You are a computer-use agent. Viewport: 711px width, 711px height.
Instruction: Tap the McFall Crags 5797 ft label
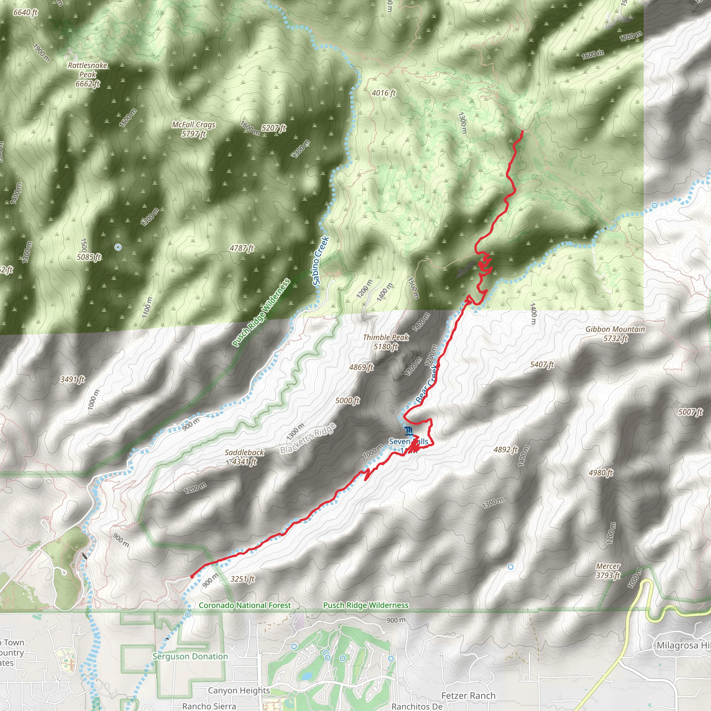click(x=194, y=129)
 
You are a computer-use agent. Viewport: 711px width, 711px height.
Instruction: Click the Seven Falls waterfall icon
click(x=408, y=430)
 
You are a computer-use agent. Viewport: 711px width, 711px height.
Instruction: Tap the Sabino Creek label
click(x=320, y=261)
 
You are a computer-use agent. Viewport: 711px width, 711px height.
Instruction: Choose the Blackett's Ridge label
click(x=308, y=438)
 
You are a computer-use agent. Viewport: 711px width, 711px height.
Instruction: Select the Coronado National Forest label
click(x=245, y=605)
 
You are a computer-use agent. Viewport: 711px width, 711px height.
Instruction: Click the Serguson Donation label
click(x=190, y=656)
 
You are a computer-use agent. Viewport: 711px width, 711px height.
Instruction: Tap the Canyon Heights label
click(x=239, y=691)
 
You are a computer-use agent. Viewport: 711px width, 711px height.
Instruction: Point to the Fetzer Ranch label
click(x=468, y=695)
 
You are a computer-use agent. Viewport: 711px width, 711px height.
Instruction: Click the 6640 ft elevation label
click(x=25, y=12)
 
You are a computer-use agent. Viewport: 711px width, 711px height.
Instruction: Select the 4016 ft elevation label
click(x=384, y=93)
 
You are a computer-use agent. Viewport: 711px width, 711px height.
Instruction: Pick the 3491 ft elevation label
click(x=73, y=379)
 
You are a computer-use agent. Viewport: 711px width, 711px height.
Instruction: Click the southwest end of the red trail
click(x=192, y=577)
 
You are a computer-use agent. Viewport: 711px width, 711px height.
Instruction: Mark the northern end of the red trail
click(x=522, y=131)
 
